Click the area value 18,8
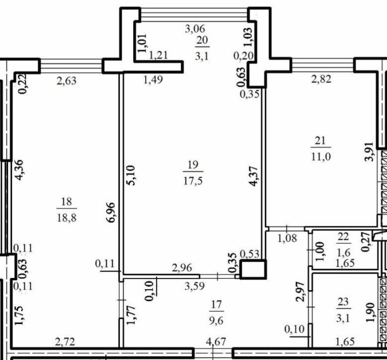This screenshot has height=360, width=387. coord(67,218)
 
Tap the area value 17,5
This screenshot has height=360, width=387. coord(193,181)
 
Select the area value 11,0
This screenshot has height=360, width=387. coord(321,157)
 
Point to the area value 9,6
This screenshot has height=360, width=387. coord(216,321)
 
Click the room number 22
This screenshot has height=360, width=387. coord(343,237)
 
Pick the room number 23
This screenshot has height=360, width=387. coord(343,302)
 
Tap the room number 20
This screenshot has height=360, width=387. coord(202,40)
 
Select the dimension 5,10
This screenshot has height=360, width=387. coord(131,175)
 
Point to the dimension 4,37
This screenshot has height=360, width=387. coord(254,176)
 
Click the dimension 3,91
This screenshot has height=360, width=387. coord(370,152)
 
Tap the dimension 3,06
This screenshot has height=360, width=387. coord(195,29)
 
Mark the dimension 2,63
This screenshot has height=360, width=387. coord(67,81)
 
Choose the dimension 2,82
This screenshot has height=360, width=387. coord(321,80)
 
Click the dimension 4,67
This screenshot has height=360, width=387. coord(216,342)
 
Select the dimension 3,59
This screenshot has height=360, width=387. coord(195,286)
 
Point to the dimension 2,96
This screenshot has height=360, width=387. coord(182,268)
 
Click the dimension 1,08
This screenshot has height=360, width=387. coord(287,239)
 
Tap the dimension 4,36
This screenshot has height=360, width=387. coord(19,170)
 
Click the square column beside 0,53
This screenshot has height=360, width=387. coord(253,269)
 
